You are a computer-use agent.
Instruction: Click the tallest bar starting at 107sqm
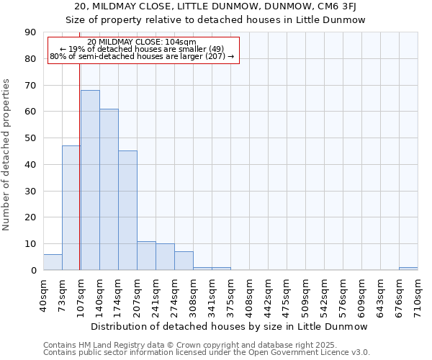tap(90, 180)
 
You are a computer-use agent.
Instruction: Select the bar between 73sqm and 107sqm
tap(71, 208)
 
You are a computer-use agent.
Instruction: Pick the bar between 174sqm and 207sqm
tap(127, 210)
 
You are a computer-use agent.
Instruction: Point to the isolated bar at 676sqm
tap(408, 269)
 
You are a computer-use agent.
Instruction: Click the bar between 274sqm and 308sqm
tap(184, 261)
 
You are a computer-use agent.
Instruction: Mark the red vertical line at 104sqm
tap(79, 180)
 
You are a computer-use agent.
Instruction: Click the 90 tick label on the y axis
tap(30, 32)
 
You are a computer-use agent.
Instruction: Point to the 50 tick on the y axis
tap(30, 138)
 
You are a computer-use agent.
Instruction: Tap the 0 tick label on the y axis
tap(33, 271)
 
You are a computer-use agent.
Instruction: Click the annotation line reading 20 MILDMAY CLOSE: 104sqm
tap(142, 42)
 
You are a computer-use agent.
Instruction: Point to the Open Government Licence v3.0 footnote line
tap(207, 353)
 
